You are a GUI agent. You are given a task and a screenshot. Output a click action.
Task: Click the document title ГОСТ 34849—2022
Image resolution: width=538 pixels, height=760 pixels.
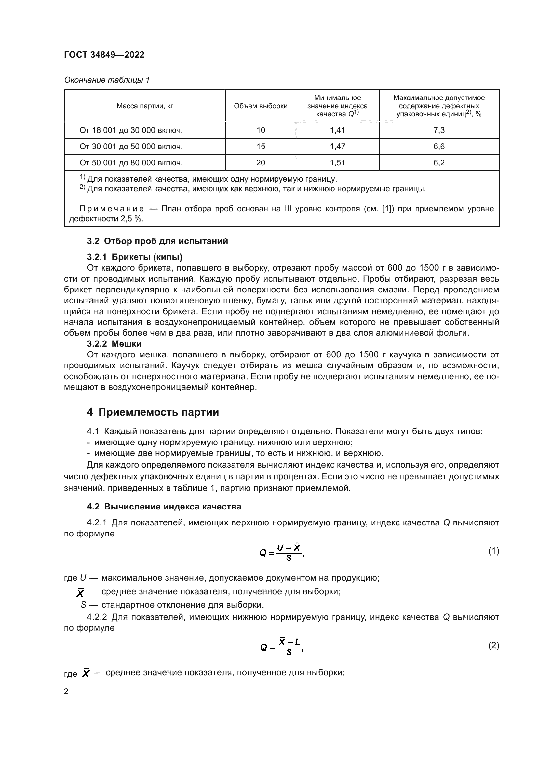104,55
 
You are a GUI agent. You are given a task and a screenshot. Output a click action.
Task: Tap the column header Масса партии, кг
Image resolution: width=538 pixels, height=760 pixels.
145,106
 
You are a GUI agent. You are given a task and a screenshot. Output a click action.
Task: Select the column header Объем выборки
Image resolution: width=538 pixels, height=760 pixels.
261,106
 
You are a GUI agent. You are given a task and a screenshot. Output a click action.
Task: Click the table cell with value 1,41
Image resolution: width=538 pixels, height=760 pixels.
337,130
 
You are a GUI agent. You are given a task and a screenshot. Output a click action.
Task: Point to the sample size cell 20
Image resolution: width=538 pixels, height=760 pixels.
261,163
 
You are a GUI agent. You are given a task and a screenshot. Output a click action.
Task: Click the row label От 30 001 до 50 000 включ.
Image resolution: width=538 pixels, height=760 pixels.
131,147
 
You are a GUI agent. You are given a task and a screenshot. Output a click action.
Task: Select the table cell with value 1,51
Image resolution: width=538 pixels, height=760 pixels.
337,163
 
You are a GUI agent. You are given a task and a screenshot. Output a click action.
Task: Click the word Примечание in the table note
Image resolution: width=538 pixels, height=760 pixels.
112,209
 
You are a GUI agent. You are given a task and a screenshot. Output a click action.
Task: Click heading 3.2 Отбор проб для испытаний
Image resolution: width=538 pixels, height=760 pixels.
157,241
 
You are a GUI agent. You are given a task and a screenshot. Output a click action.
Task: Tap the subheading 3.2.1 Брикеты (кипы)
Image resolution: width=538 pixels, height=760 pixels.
135,257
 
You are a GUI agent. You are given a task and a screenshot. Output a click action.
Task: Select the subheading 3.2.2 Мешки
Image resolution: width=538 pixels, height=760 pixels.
114,344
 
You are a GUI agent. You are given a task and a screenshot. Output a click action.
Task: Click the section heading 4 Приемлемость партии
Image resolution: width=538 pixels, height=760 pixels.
153,412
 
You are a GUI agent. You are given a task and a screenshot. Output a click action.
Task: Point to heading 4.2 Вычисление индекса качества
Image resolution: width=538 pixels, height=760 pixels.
164,507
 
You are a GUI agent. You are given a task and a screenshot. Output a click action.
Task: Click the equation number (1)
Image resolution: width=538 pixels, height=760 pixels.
493,551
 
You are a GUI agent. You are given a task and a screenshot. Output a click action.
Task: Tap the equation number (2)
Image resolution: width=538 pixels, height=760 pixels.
493,646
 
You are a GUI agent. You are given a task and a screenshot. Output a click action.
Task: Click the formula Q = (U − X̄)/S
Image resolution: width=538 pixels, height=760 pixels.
281,552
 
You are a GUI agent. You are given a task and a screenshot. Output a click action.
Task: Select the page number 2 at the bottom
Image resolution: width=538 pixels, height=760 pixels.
66,692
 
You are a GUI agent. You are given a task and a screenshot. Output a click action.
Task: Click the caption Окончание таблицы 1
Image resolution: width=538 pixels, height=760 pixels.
107,80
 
